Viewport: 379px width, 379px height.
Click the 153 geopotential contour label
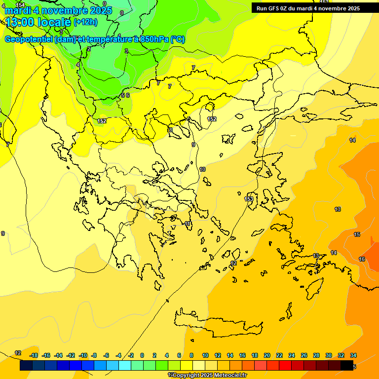(x=249, y=199)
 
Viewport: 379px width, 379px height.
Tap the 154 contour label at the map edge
(x=20, y=5)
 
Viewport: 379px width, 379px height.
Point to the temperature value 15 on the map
(x=357, y=234)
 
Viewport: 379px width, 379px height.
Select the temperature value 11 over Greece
(x=188, y=224)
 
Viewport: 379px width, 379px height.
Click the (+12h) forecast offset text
(x=85, y=22)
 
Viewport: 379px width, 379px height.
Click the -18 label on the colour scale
(x=34, y=355)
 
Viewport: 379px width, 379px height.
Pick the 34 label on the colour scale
(x=353, y=355)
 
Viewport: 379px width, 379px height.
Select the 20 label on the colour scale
(x=267, y=355)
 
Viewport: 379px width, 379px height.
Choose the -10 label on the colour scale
(x=83, y=355)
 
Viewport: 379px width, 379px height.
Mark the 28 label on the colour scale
(x=316, y=355)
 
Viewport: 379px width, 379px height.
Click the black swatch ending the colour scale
(x=347, y=365)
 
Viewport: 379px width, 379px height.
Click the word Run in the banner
(x=262, y=8)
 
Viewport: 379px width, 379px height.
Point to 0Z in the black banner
(x=284, y=8)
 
